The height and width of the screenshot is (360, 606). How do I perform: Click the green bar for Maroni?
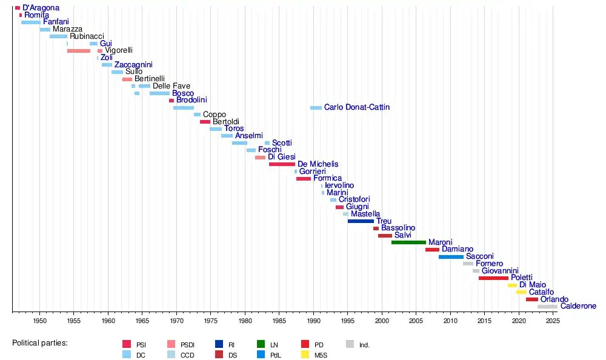(x=408, y=242)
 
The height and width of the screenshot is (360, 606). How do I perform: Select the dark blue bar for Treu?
(x=361, y=221)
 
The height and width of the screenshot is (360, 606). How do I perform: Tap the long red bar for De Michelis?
(x=282, y=164)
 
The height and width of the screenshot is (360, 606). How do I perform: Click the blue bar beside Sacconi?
(x=451, y=257)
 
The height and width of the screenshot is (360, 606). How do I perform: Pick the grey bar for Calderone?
(x=547, y=307)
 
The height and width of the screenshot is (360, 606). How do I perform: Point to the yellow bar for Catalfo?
(x=521, y=292)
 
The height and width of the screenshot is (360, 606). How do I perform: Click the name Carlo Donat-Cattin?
(x=357, y=107)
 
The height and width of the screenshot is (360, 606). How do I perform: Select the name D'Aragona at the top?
(x=41, y=8)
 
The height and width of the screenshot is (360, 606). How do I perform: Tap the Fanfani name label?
(x=56, y=22)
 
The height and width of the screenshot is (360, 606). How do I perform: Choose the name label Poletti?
(x=522, y=278)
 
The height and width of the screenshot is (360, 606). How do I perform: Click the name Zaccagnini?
(x=133, y=65)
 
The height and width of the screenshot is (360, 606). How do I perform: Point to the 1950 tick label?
(x=40, y=321)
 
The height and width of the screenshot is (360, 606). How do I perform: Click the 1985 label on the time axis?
(x=279, y=321)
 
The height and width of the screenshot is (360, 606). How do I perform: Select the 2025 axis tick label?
(x=552, y=321)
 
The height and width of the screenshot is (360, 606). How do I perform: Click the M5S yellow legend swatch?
(x=305, y=355)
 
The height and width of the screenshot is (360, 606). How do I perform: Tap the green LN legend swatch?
(x=261, y=344)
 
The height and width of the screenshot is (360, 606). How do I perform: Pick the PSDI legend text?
(x=188, y=345)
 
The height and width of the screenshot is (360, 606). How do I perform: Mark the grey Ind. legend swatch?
(x=350, y=344)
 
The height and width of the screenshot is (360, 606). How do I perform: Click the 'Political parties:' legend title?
(x=39, y=343)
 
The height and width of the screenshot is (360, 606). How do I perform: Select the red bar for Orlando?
(x=531, y=299)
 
